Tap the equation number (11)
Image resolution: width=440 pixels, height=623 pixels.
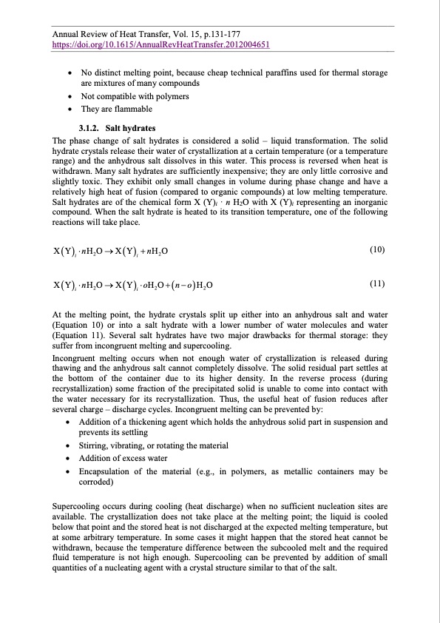click(377, 283)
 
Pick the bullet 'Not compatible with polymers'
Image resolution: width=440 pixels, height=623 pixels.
click(135, 96)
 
